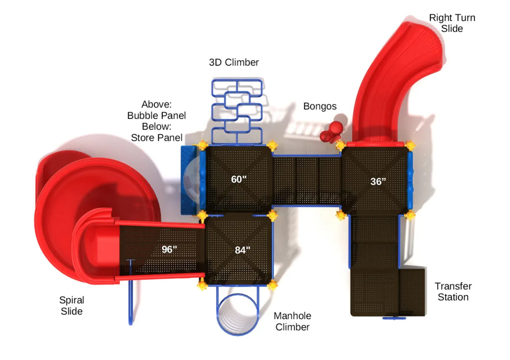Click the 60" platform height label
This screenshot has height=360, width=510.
coord(239,179)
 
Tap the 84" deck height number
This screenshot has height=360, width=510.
coord(243,250)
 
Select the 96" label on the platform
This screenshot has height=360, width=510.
coord(169,249)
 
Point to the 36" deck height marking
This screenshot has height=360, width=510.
coord(378,181)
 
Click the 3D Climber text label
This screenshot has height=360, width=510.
coord(234,62)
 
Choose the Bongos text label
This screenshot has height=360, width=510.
coord(320,107)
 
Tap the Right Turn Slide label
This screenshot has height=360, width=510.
coord(452,23)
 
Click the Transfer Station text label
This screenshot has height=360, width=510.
coord(453,291)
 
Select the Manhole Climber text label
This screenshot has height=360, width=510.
coord(292,321)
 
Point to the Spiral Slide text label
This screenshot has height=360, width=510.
coord(72,305)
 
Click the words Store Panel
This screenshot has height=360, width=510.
coord(156,137)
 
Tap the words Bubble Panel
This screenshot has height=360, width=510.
coord(156,116)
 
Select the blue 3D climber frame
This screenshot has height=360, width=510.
coord(237,112)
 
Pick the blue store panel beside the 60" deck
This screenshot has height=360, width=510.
coord(188,180)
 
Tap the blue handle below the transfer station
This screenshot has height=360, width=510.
coord(394,318)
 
